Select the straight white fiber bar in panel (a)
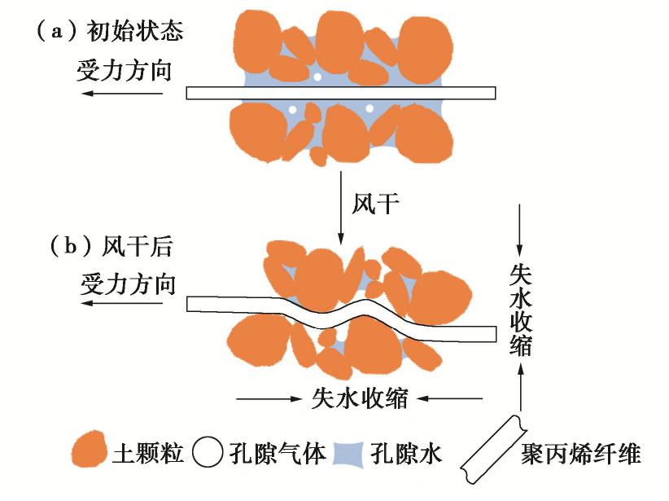[341, 93]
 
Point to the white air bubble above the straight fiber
[317, 77]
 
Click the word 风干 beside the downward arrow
[376, 202]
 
